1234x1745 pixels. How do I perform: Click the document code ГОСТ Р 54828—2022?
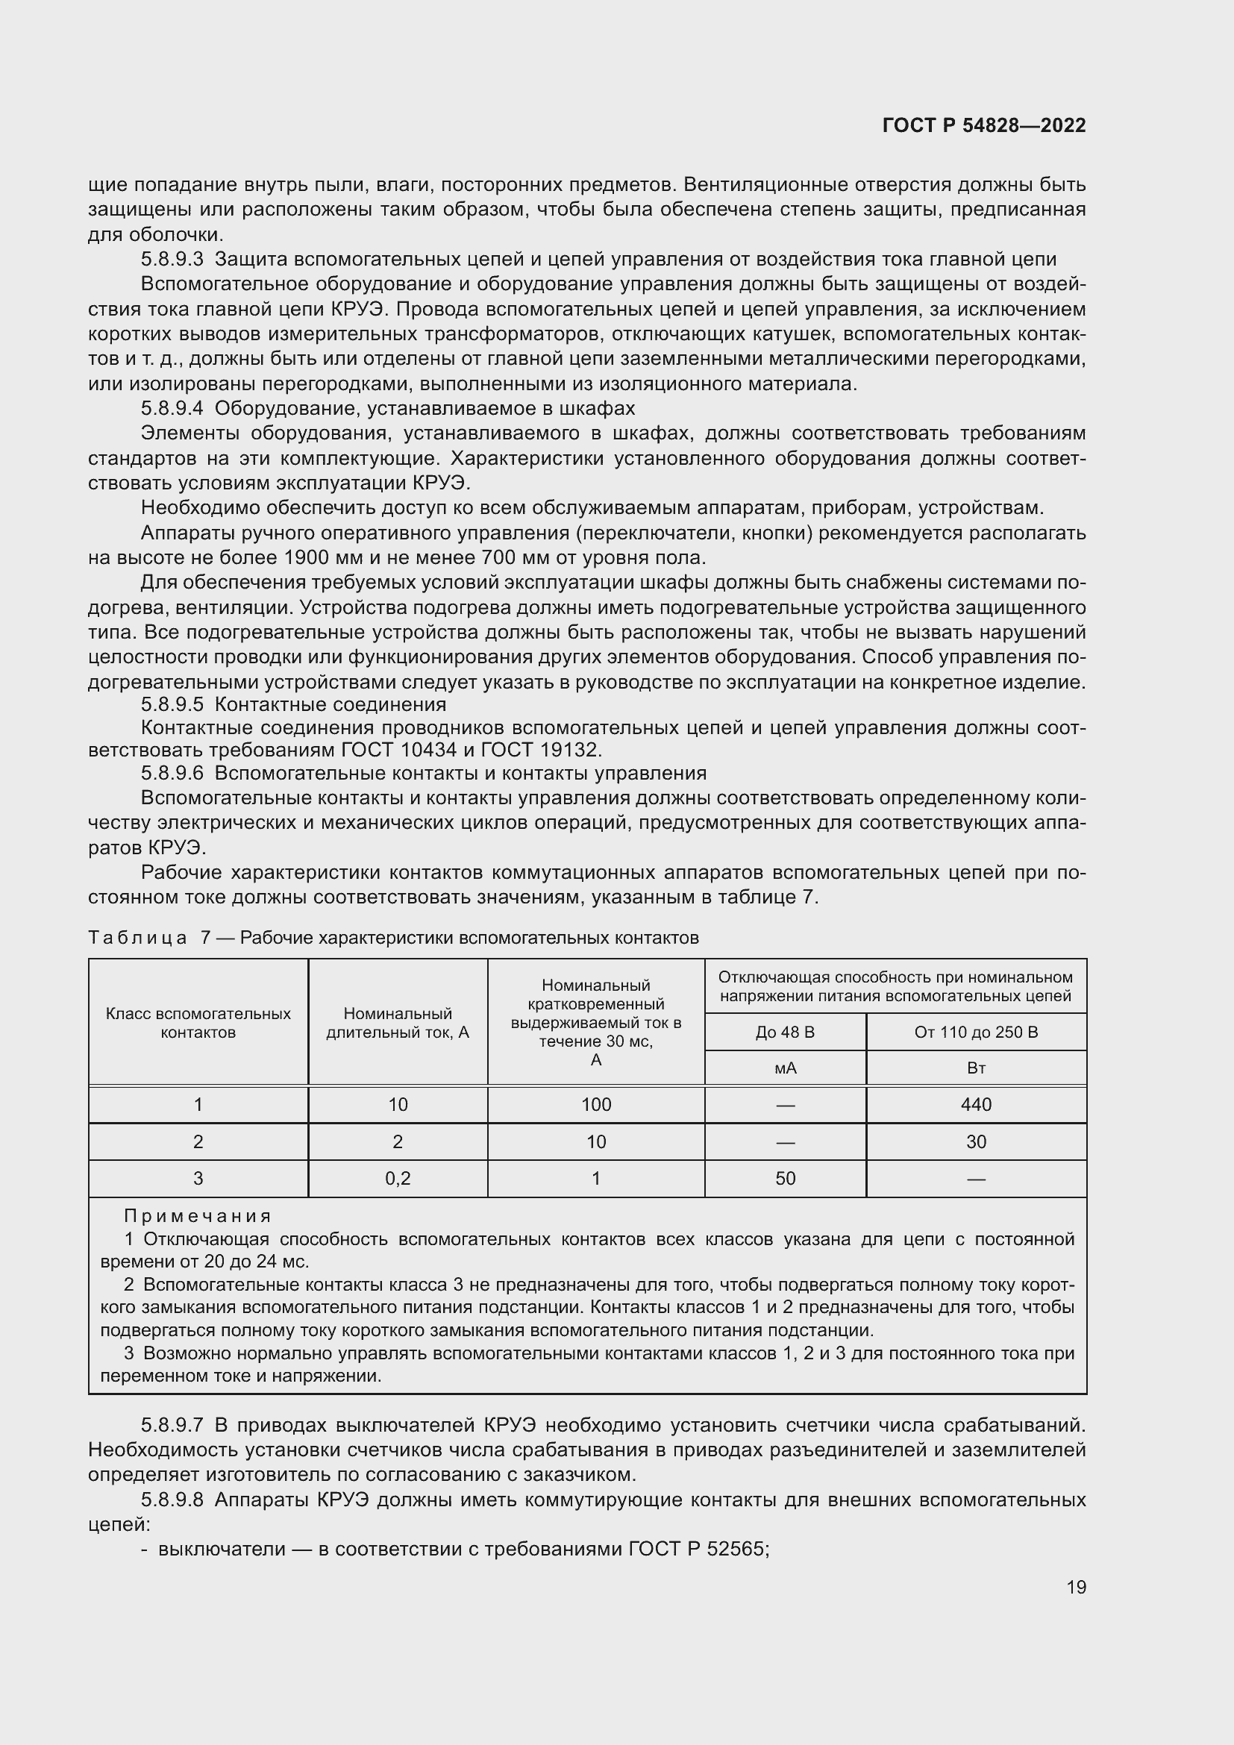[x=984, y=126]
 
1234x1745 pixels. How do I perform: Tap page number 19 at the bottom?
[x=1076, y=1587]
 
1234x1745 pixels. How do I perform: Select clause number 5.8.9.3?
[x=172, y=259]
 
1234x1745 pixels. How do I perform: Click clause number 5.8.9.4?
[x=172, y=408]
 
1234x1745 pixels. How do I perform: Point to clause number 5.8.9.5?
[x=172, y=704]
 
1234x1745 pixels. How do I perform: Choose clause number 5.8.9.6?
[x=172, y=773]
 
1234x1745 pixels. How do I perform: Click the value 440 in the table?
[x=976, y=1104]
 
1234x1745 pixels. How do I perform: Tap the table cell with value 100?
[x=595, y=1104]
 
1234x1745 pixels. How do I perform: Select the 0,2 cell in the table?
[x=398, y=1178]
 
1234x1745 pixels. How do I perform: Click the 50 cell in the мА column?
[x=785, y=1178]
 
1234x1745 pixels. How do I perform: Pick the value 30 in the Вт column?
[x=976, y=1141]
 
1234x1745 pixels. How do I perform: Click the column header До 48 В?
[x=785, y=1032]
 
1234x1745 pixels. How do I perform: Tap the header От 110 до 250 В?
[x=976, y=1032]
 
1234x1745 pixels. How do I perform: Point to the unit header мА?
[x=785, y=1068]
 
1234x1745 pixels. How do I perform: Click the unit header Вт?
[x=976, y=1068]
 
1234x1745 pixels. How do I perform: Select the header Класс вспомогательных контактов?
[x=198, y=1023]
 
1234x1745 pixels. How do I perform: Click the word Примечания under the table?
[x=198, y=1216]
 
